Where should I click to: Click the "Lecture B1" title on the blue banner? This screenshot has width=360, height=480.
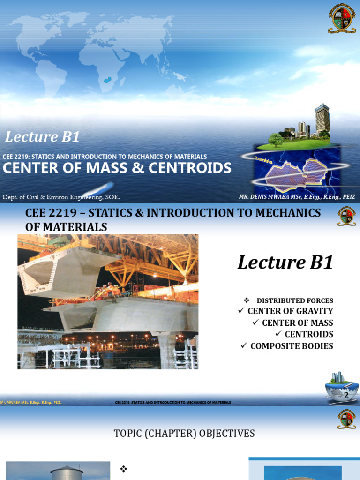pyautogui.click(x=42, y=137)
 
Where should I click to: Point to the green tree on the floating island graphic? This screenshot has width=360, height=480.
pyautogui.click(x=276, y=139)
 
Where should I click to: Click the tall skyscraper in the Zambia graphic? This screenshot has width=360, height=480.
pyautogui.click(x=322, y=119)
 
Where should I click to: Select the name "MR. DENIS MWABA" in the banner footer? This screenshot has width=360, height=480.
pyautogui.click(x=265, y=197)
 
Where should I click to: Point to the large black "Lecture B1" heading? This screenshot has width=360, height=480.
pyautogui.click(x=285, y=262)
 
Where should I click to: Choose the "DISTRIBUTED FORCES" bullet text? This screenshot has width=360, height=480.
pyautogui.click(x=295, y=300)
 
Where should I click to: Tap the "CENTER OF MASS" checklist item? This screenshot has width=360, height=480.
pyautogui.click(x=298, y=322)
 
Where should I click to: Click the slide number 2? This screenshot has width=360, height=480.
pyautogui.click(x=346, y=395)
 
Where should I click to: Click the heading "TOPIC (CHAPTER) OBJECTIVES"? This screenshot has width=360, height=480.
pyautogui.click(x=184, y=434)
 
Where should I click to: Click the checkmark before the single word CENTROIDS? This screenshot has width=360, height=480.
pyautogui.click(x=278, y=334)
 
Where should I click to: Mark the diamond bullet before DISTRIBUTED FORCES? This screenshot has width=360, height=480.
pyautogui.click(x=246, y=300)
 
